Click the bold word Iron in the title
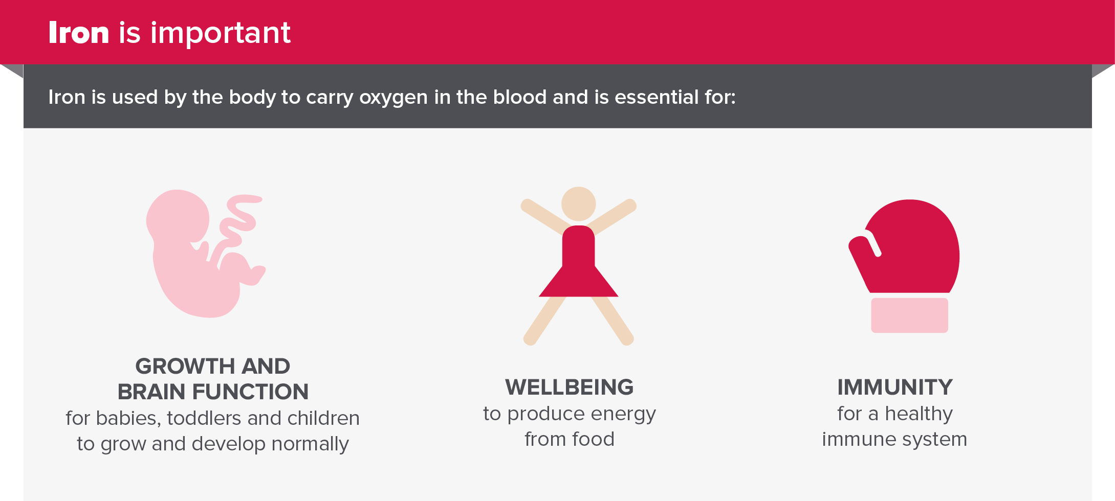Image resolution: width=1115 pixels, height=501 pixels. pyautogui.click(x=79, y=33)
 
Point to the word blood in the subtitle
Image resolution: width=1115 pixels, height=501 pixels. pyautogui.click(x=520, y=97)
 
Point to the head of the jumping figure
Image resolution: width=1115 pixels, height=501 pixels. pyautogui.click(x=578, y=203)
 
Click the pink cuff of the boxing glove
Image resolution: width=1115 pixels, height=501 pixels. pyautogui.click(x=909, y=315)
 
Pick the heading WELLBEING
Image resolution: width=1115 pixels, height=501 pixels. pyautogui.click(x=570, y=388)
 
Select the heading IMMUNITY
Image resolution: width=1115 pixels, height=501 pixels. pyautogui.click(x=895, y=388)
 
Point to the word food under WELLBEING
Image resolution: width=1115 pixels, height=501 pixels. pyautogui.click(x=593, y=439)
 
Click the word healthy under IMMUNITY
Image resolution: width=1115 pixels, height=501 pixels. pyautogui.click(x=919, y=414)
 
